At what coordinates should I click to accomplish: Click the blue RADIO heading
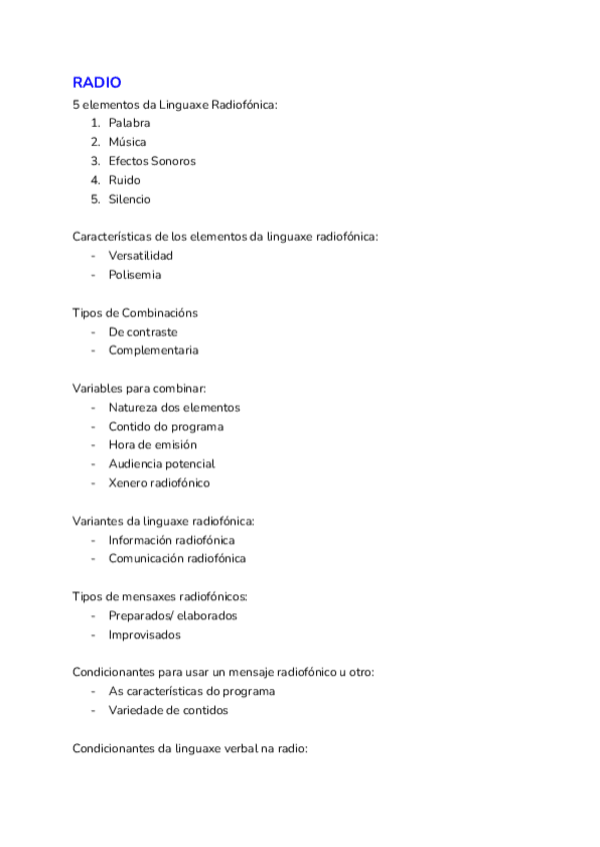click(97, 83)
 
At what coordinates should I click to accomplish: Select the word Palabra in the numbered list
click(130, 123)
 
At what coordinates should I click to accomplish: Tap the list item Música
click(128, 142)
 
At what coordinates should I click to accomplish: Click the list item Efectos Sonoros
click(152, 161)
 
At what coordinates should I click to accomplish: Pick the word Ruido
click(125, 180)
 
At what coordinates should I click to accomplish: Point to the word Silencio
click(130, 199)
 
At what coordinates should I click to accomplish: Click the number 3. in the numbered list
click(96, 161)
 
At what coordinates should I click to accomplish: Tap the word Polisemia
click(135, 275)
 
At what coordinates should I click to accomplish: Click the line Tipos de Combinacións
click(135, 313)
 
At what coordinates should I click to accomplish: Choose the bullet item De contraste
click(143, 332)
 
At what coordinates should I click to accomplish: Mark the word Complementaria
click(154, 351)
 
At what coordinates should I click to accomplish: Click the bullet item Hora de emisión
click(153, 444)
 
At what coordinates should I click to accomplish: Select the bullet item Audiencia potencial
click(162, 463)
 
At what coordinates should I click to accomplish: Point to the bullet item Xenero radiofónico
click(159, 482)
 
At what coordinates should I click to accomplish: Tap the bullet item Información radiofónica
click(172, 539)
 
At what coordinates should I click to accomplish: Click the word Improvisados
click(145, 634)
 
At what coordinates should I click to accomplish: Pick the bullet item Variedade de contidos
click(168, 710)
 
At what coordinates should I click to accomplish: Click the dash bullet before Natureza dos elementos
click(93, 408)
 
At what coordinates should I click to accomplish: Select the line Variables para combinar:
click(139, 389)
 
